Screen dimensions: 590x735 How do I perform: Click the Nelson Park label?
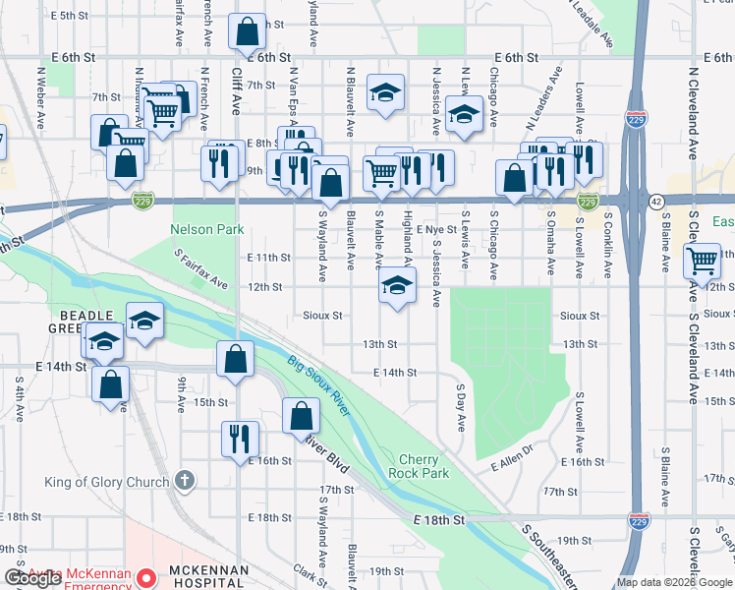pos(206,229)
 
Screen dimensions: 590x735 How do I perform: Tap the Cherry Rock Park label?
pos(424,466)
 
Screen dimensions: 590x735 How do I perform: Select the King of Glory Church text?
pos(107,482)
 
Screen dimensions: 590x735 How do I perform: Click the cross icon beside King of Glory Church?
pos(183,481)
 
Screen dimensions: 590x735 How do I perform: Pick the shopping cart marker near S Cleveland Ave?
pos(703,262)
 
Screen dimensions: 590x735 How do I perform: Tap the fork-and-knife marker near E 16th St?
pos(240,439)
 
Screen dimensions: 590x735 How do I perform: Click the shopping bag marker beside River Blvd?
pos(301,416)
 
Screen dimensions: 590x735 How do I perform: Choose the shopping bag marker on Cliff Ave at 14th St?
pos(236,360)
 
